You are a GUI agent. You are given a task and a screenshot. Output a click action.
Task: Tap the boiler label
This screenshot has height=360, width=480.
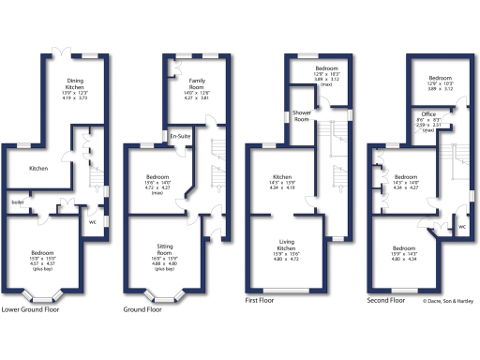[18, 202]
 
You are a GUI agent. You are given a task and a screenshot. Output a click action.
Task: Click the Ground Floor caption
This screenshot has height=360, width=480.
[148, 307]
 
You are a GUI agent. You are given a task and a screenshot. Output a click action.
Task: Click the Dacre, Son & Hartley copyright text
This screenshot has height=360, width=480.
[449, 302]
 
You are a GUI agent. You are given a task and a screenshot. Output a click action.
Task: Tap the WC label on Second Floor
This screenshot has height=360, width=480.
[462, 227]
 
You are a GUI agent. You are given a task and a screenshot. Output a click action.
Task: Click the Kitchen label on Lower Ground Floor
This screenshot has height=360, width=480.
[38, 169]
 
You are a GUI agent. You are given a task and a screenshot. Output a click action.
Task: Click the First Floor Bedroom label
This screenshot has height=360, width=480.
[326, 69]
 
